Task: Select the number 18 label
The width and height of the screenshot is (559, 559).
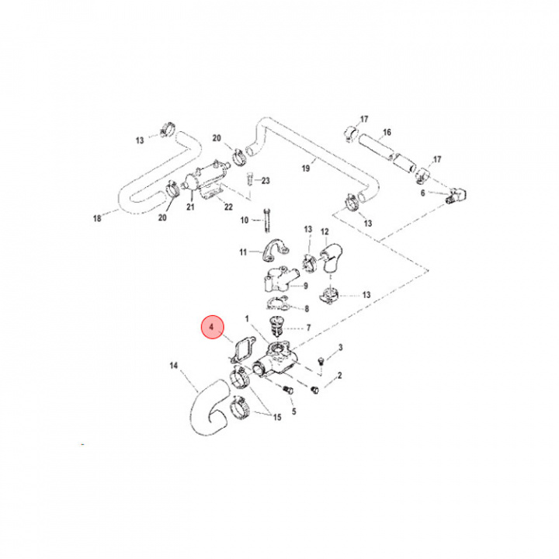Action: point(97,220)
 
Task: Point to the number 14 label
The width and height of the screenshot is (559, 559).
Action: point(173,364)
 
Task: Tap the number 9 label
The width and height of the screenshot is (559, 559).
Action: point(306,286)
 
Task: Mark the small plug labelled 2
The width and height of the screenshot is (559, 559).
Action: point(314,388)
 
